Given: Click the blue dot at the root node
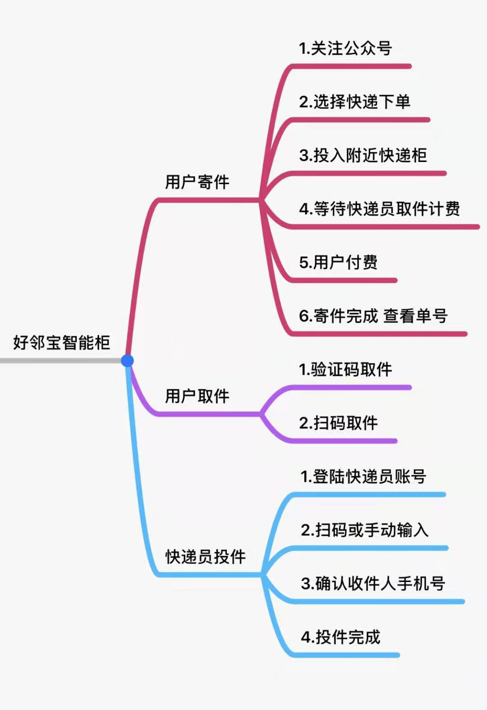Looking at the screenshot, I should [128, 360].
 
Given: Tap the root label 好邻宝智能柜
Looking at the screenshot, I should [61, 342].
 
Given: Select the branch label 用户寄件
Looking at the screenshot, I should [197, 182].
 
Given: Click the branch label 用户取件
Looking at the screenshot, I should [197, 396].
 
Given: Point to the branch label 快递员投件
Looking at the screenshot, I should [205, 557].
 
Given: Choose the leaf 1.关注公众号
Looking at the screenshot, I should [345, 48].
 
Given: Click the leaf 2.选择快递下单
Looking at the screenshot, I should [354, 102].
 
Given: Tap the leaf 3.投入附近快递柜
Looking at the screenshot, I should [363, 155].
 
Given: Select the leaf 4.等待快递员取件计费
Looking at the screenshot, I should [379, 209].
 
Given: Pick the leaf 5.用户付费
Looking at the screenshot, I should [338, 263].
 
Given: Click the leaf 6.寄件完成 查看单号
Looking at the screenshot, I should [373, 316].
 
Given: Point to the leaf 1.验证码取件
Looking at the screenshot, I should [345, 369].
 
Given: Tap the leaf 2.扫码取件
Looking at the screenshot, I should [338, 423].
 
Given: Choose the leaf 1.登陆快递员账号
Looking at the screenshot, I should [363, 476].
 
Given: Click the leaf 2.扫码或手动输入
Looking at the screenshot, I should [364, 530].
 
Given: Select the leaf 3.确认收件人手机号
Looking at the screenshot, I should [373, 584].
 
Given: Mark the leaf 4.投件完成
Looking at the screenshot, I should [340, 637].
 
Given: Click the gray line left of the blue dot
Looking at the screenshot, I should [59, 361].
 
